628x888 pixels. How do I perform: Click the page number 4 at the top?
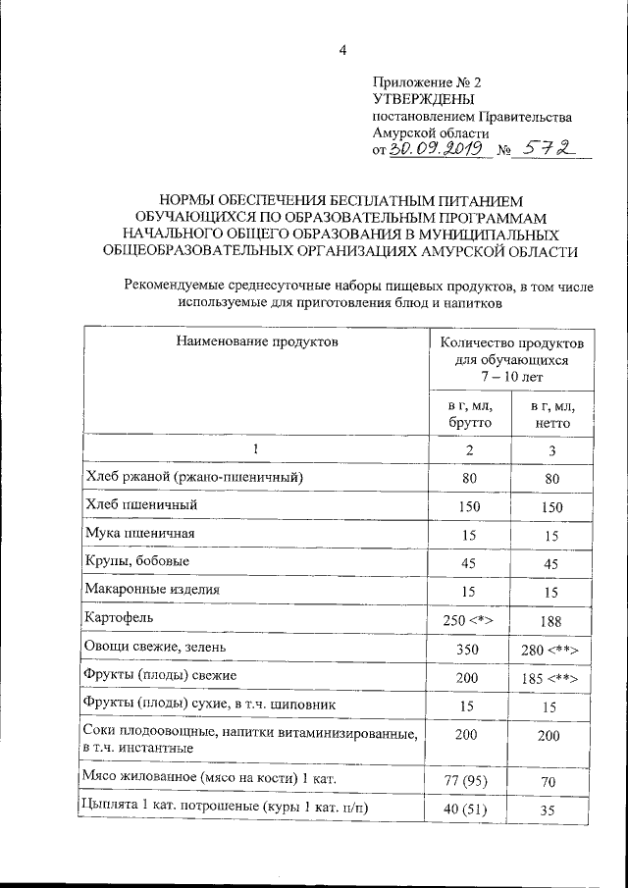343,51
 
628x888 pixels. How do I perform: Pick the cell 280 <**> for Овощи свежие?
552,650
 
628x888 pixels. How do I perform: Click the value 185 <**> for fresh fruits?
552,678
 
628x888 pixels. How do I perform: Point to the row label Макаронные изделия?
153,589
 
